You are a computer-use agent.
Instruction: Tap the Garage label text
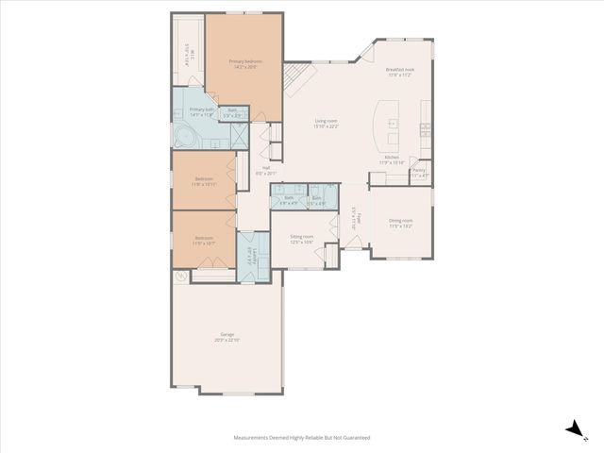[227, 337]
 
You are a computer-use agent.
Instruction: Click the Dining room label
[401, 224]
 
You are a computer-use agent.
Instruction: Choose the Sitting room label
[301, 240]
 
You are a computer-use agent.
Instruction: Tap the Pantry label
[419, 173]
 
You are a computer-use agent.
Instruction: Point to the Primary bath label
[202, 111]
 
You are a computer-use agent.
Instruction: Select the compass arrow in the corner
[572, 429]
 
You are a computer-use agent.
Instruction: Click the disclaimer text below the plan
[302, 438]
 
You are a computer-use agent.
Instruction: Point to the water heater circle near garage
[181, 277]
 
